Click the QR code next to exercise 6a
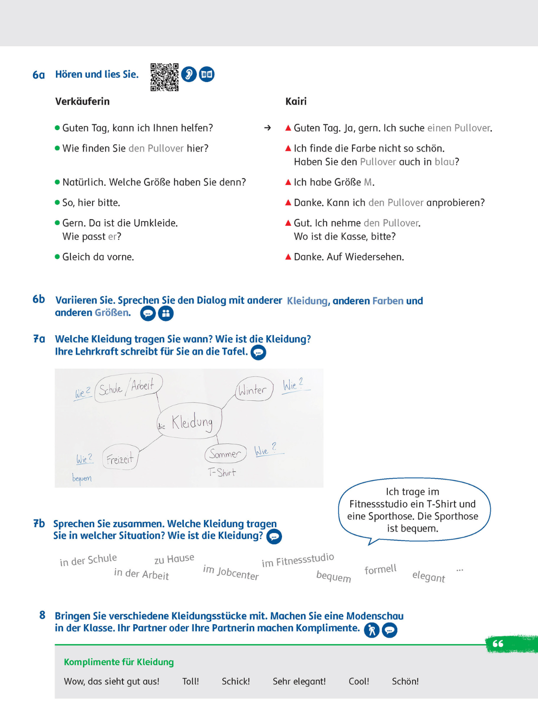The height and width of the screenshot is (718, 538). click(164, 77)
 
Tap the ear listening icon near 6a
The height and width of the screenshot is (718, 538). click(189, 74)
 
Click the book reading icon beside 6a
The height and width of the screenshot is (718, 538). click(207, 74)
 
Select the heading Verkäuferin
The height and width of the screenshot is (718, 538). click(82, 101)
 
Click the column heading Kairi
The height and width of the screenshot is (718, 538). click(296, 101)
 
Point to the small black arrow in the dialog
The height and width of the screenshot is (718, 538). click(268, 128)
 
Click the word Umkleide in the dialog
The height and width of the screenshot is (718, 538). click(157, 223)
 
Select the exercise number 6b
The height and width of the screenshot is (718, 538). click(39, 299)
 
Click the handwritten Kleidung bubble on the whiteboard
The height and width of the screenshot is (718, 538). click(190, 422)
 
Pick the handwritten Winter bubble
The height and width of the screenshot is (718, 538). click(254, 389)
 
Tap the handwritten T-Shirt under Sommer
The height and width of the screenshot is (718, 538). click(222, 472)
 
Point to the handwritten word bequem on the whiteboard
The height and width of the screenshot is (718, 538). click(82, 478)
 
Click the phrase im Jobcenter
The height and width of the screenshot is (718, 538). click(231, 572)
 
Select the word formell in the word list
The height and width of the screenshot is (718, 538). click(380, 569)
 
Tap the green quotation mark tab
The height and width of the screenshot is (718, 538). click(498, 644)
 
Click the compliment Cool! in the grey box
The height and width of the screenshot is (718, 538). click(359, 681)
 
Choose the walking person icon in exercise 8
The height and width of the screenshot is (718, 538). click(371, 630)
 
